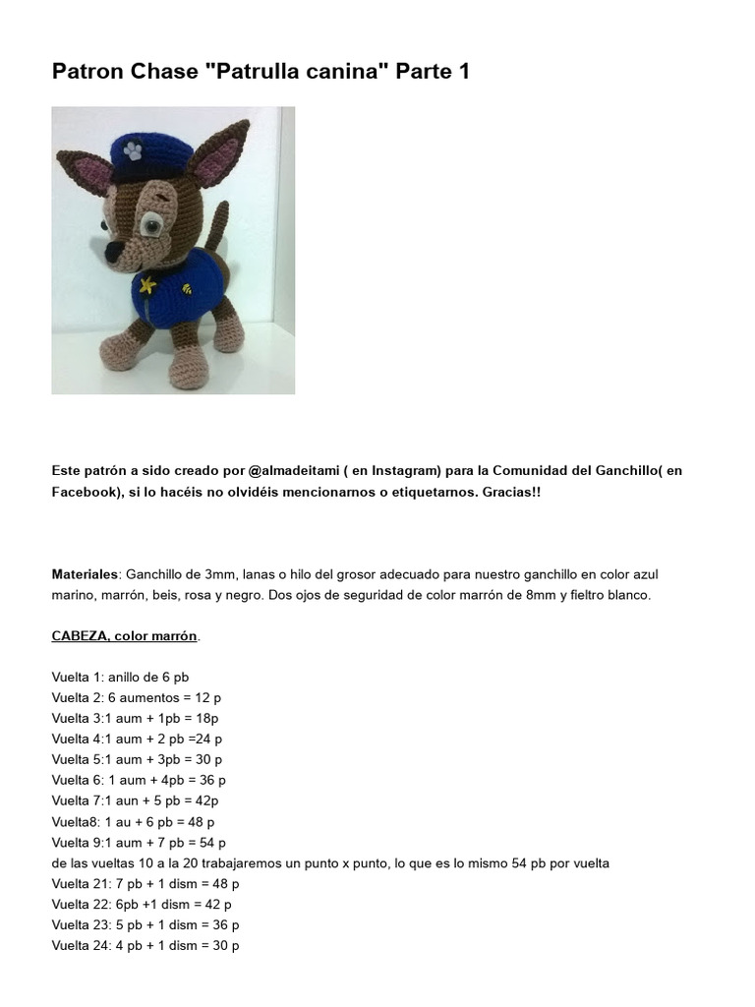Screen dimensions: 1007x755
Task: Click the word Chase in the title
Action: [163, 71]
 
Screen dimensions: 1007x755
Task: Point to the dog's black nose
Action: [113, 255]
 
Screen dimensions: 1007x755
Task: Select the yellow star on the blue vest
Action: [148, 286]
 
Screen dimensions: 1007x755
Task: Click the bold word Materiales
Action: [85, 573]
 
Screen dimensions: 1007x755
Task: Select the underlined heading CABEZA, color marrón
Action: [125, 636]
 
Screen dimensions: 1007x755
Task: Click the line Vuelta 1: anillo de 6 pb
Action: [120, 677]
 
